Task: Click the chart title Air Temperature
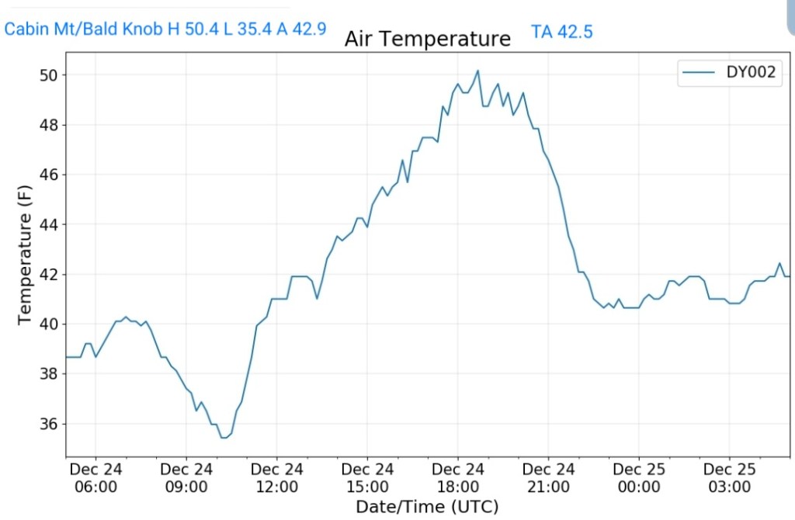428,39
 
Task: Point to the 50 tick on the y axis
50,75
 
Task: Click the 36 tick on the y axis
50,424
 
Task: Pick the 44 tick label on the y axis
50,225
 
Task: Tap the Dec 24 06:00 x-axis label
95,478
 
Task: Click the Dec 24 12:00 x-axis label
276,478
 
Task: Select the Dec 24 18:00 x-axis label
457,478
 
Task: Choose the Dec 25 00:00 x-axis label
638,478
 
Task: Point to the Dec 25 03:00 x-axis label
729,478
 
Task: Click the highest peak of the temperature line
477,71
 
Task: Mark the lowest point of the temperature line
223,438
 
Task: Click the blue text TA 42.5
563,32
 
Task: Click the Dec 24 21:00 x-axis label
548,478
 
